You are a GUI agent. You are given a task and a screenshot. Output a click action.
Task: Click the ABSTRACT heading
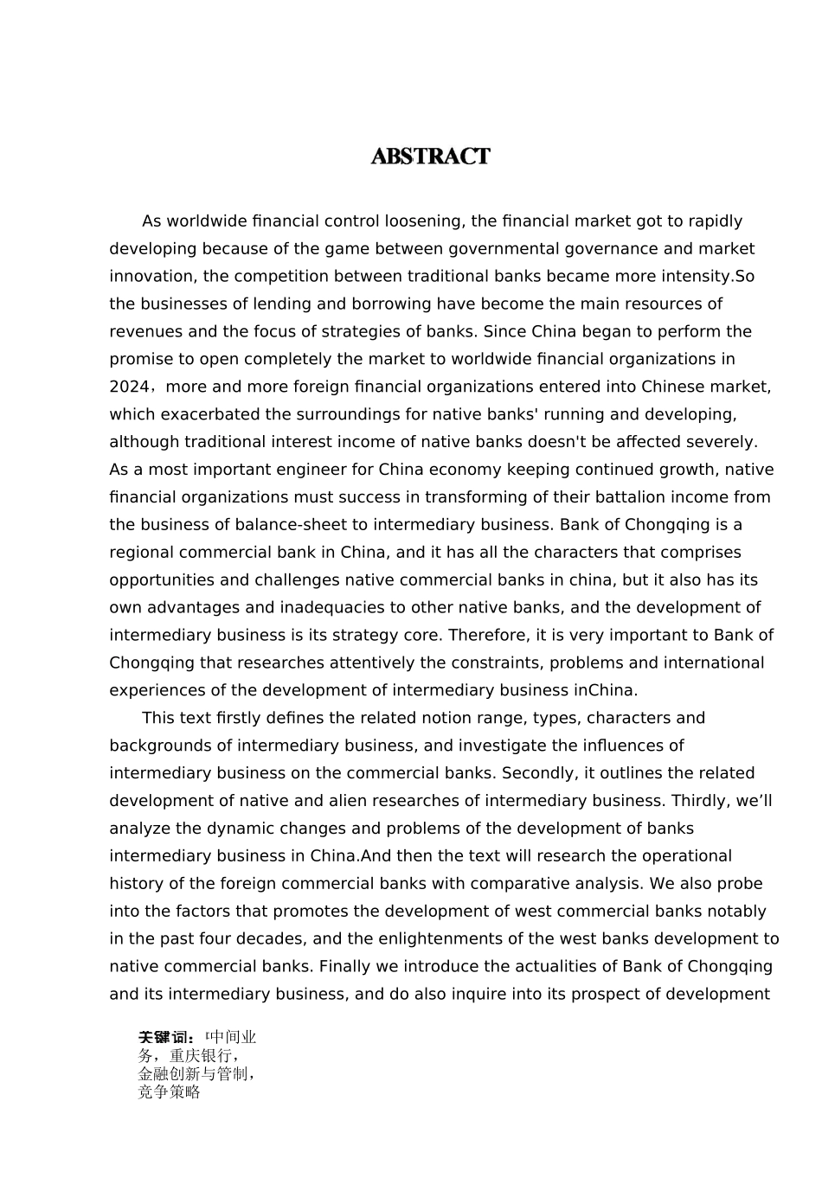tap(430, 157)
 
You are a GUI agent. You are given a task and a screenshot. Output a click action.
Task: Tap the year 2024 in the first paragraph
tap(129, 387)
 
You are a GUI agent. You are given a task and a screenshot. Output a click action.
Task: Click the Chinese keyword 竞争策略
tap(169, 1092)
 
